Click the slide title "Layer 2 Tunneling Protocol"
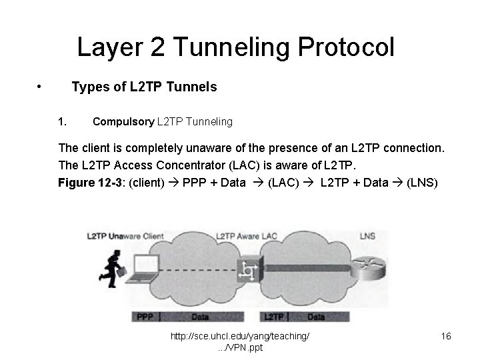(x=236, y=47)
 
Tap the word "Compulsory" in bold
(x=123, y=121)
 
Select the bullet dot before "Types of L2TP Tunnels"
(x=41, y=87)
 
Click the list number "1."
(x=63, y=121)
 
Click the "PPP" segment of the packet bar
(x=145, y=317)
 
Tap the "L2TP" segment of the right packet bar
(x=275, y=317)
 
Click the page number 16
(x=445, y=337)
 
